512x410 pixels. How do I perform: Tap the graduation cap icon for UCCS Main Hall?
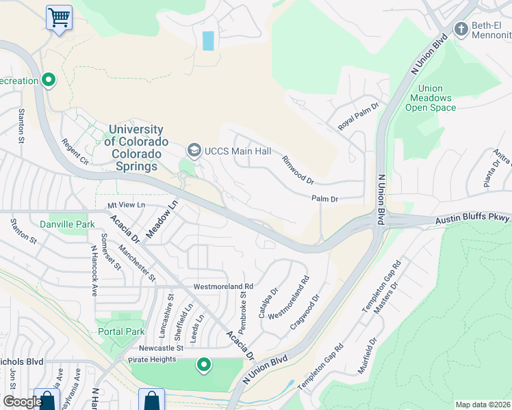click(194, 150)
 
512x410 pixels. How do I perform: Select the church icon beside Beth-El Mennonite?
click(461, 29)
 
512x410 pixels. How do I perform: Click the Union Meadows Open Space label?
click(430, 98)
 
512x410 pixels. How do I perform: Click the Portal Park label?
click(120, 331)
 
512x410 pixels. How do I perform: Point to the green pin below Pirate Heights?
click(203, 365)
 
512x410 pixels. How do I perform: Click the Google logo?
click(22, 402)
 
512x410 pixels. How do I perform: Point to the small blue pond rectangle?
click(208, 40)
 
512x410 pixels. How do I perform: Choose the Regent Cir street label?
click(75, 152)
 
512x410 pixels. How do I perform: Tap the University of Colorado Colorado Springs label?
click(136, 148)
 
